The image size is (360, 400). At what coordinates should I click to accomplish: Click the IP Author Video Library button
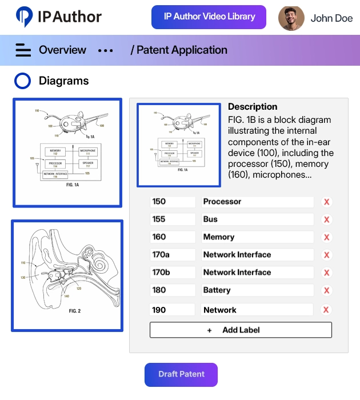pos(209,17)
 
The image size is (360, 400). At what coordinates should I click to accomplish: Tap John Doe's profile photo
pos(291,18)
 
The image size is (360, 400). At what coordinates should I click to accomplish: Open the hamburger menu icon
pos(23,50)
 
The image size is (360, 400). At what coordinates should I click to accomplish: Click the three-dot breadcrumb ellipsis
pos(106,50)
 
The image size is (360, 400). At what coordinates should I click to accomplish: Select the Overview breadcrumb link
pos(62,50)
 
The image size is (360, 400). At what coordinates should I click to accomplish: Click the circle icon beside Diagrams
pos(22,81)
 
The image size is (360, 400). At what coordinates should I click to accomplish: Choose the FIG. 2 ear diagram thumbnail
pos(67,275)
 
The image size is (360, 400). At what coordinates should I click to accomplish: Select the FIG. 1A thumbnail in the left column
pos(67,153)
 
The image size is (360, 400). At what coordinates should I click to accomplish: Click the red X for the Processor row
pos(326,202)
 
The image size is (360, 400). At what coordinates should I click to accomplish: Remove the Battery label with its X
pos(326,291)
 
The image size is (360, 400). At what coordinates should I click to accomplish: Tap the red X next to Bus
pos(326,220)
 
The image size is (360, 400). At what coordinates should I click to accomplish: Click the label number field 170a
pos(173,255)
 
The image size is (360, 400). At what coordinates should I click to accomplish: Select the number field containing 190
pos(173,310)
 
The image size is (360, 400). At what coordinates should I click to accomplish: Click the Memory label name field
pos(257,237)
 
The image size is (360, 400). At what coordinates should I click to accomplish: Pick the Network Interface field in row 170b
pos(257,273)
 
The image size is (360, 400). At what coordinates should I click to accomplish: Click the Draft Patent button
pos(181,375)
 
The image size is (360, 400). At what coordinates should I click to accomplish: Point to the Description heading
pos(253,107)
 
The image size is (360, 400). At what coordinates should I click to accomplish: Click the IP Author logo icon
pos(25,17)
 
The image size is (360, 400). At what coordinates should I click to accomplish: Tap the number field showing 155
pos(173,219)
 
